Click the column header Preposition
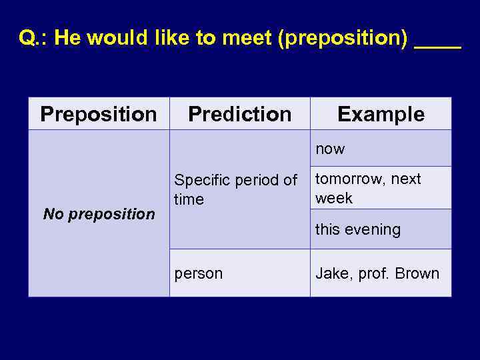99,114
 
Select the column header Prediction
239,114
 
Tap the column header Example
381,114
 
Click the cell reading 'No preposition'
99,214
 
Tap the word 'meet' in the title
245,38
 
